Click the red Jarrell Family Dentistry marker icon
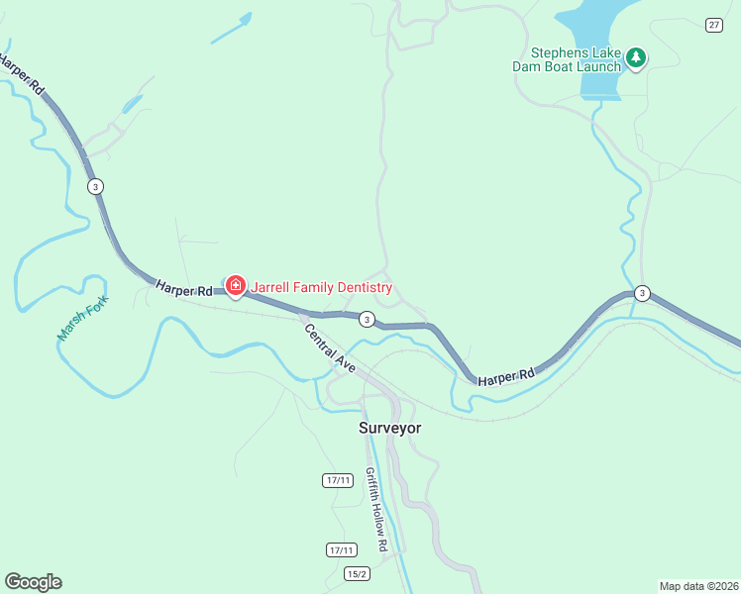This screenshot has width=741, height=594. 236,287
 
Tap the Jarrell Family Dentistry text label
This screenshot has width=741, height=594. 322,288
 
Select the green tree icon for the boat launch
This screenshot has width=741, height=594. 635,58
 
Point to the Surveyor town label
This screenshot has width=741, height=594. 389,429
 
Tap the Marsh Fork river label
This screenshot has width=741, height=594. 81,319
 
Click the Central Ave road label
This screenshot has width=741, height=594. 330,348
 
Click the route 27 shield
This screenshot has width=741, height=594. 713,25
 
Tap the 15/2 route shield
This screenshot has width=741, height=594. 358,574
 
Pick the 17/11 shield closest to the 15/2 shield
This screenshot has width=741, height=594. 341,549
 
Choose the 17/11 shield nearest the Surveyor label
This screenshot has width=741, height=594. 337,480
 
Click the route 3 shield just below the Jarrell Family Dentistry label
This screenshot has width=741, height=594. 368,319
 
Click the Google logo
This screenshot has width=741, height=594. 33,582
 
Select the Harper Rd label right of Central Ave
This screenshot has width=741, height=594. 505,377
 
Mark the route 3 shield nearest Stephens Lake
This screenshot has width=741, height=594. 642,293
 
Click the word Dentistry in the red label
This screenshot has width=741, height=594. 364,288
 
